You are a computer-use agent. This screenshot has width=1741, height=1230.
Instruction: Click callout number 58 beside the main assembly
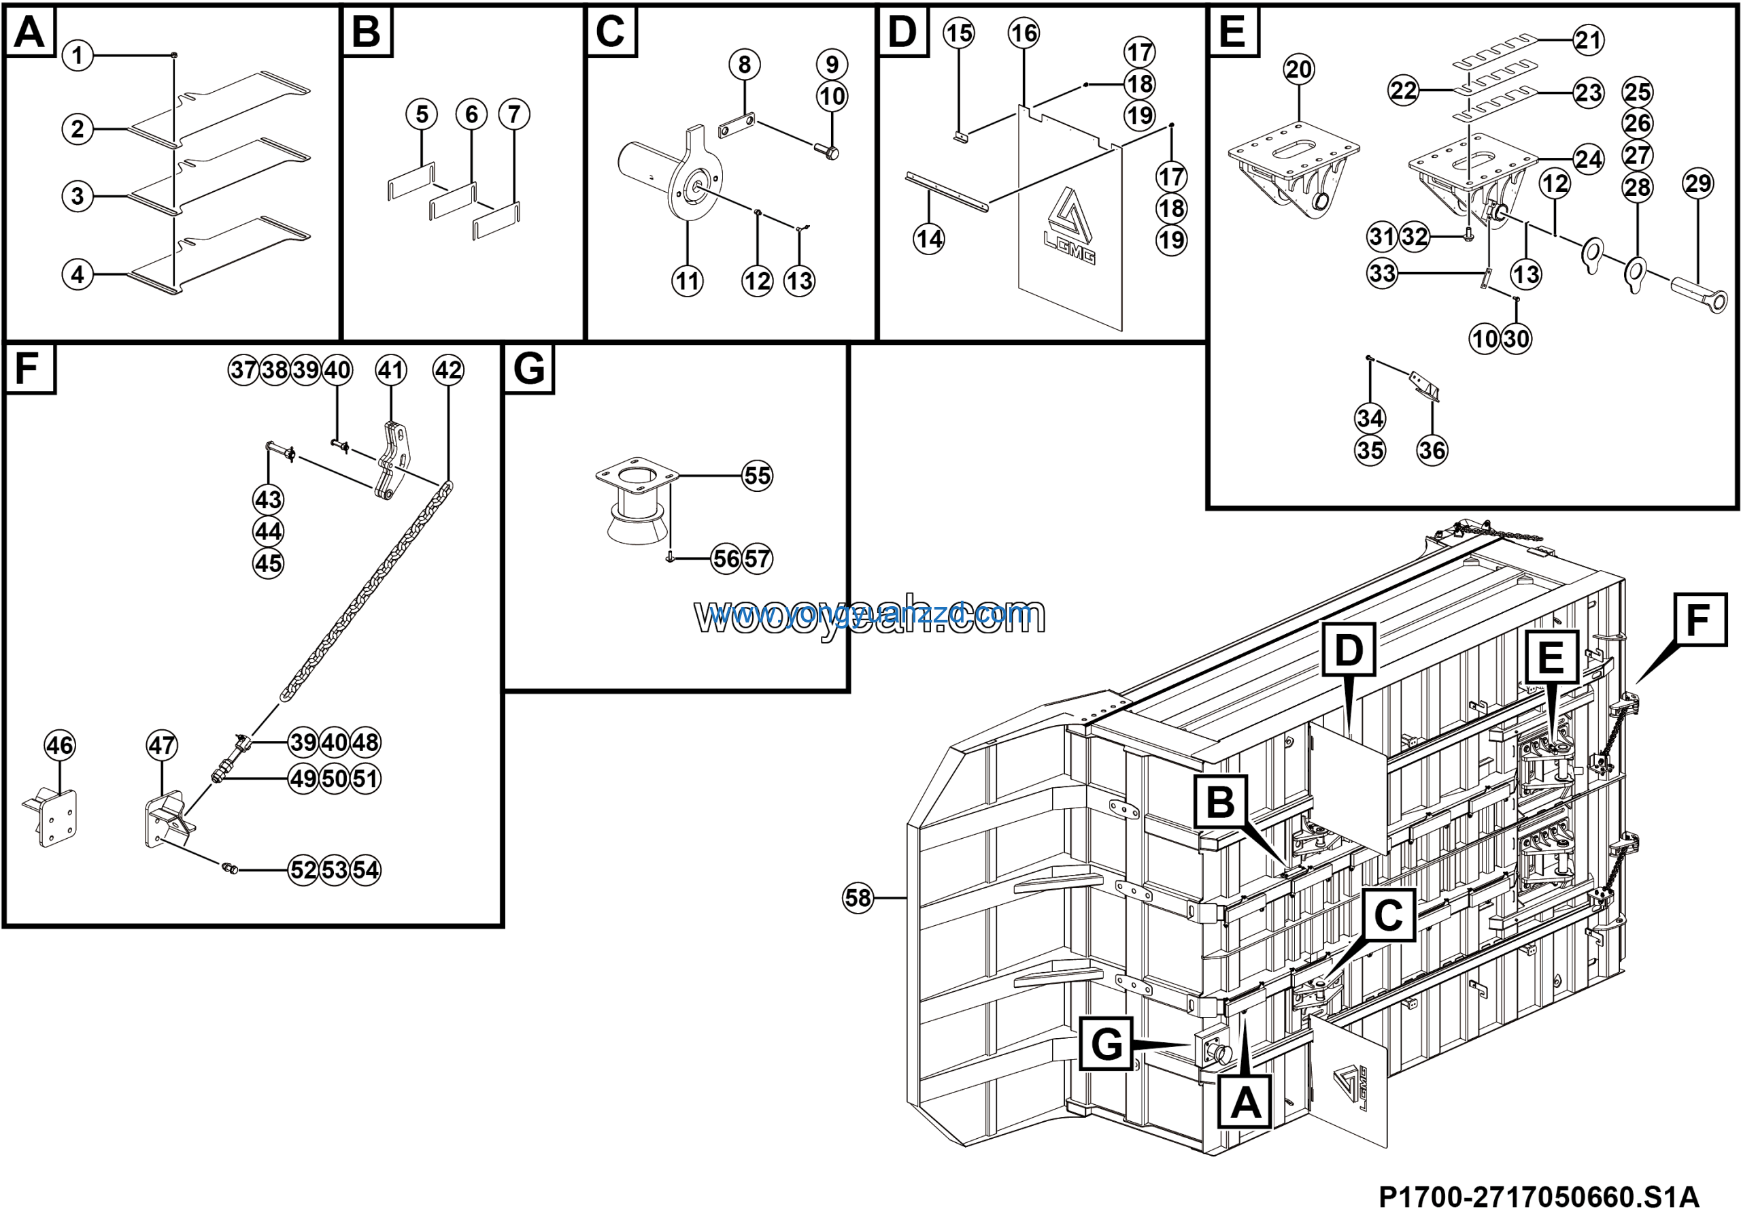pos(858,898)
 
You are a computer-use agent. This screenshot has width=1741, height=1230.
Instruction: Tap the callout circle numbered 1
pos(78,55)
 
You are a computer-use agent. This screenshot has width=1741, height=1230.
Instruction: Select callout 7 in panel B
pos(514,114)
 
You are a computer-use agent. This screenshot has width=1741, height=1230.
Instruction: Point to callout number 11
pos(687,282)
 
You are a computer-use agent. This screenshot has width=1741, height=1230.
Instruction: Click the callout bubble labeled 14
pos(929,239)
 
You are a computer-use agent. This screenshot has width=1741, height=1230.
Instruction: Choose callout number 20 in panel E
pos(1299,70)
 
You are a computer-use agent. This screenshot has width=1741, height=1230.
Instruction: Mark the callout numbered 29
pos(1697,184)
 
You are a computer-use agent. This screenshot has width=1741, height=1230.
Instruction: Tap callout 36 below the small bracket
pos(1432,450)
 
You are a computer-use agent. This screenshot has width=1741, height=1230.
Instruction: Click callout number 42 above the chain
pos(448,370)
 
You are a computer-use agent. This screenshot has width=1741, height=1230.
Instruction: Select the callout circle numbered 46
pos(60,746)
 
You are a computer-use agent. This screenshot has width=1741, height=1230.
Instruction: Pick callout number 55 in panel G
pos(758,476)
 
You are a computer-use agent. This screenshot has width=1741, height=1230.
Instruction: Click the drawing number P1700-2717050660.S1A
pos(1538,1197)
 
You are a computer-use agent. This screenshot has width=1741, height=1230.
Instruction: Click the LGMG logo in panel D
pos(1070,227)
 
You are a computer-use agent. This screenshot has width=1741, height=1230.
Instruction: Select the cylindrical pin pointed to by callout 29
pos(1699,293)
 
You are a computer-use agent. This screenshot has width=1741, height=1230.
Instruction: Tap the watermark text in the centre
pos(870,616)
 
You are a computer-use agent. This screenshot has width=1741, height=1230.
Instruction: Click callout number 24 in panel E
pos(1589,159)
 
